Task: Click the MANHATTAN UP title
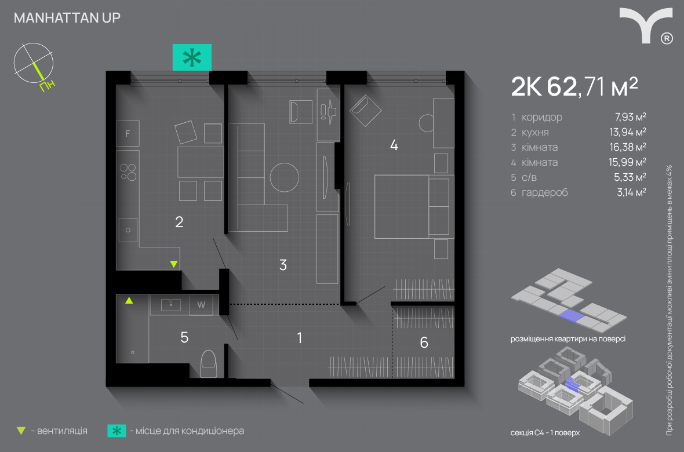point(67,17)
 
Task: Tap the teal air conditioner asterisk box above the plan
point(192,57)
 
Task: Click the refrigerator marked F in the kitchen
point(128,133)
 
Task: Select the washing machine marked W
point(201,305)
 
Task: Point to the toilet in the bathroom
point(209,363)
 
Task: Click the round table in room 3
point(285,177)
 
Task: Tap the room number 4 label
point(394,145)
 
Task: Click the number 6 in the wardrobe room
point(424,342)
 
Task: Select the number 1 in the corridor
point(300,338)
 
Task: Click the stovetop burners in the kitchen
point(128,172)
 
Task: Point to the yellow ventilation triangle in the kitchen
point(174,264)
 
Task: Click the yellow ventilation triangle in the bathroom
point(129,300)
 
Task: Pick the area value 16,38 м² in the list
point(627,147)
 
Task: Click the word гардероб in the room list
point(545,192)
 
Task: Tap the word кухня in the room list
point(535,132)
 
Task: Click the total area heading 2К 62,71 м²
point(574,86)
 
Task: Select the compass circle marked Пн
point(34,63)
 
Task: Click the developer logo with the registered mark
point(646,25)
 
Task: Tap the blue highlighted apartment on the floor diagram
point(570,315)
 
